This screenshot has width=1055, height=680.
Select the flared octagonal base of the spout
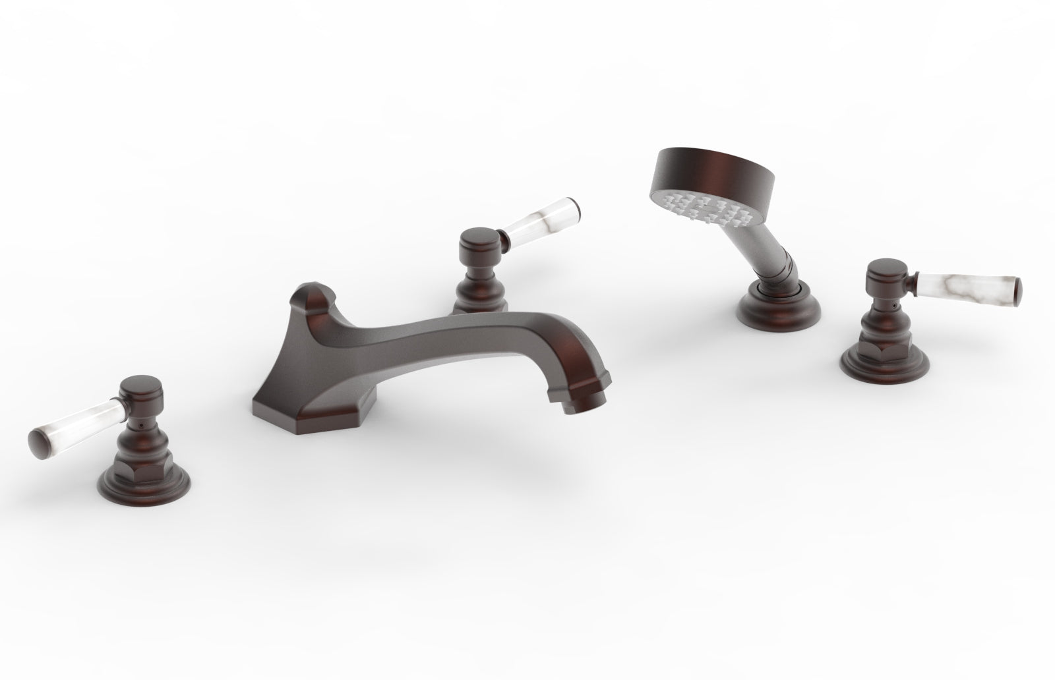point(290,402)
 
